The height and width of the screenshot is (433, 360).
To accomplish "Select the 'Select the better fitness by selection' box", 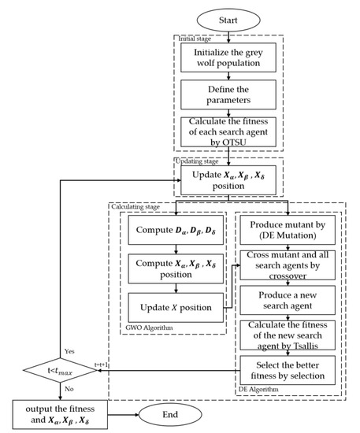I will point(288,369).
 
